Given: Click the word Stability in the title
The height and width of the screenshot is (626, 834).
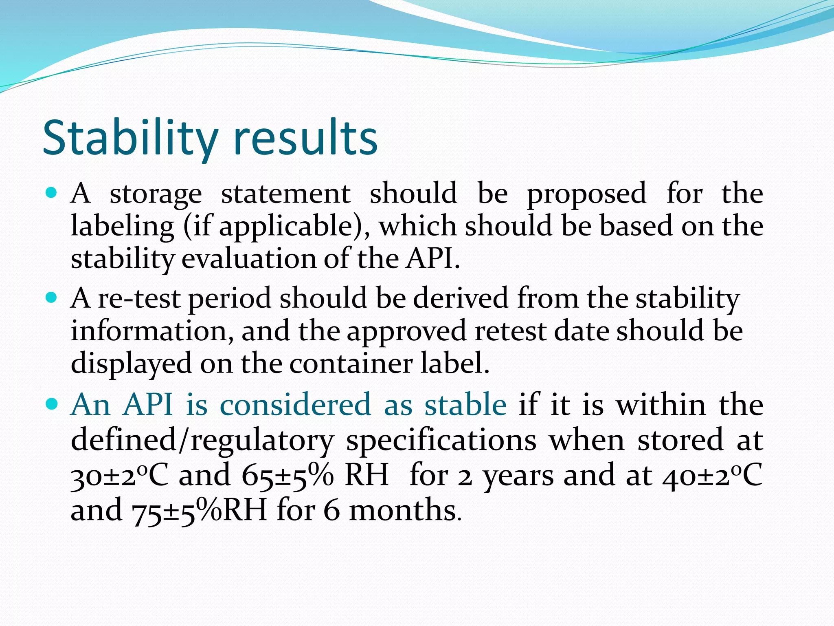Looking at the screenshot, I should pyautogui.click(x=129, y=138).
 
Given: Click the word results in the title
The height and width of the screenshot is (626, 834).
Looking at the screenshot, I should pyautogui.click(x=305, y=138).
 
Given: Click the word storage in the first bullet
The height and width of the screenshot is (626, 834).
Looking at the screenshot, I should pyautogui.click(x=156, y=194).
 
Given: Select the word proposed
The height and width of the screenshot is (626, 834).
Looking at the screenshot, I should pyautogui.click(x=586, y=194).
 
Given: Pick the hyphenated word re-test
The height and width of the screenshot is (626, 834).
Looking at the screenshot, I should pyautogui.click(x=139, y=298).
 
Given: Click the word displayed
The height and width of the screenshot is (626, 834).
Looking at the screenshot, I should pyautogui.click(x=131, y=363).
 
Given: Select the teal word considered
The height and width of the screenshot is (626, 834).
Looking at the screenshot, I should pyautogui.click(x=295, y=405).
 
